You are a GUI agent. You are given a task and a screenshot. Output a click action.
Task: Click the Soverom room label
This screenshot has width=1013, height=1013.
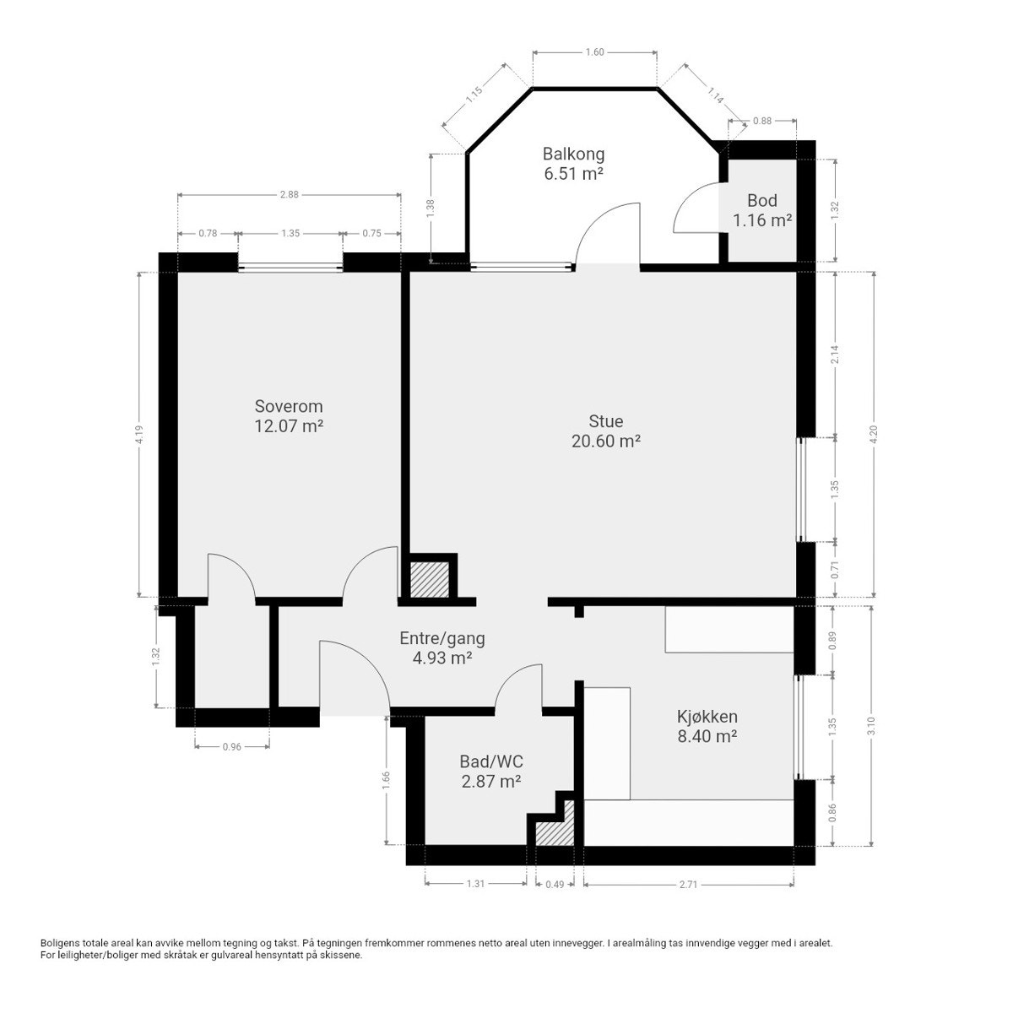click(x=288, y=406)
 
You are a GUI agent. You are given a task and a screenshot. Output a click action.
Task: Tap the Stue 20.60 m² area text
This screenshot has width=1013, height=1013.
click(x=605, y=431)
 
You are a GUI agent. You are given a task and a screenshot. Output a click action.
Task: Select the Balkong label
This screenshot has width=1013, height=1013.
click(x=573, y=154)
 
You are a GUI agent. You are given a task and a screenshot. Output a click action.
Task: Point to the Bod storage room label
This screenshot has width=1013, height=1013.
click(x=761, y=200)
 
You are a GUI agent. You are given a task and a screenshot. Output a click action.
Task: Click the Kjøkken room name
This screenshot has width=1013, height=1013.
click(x=707, y=717)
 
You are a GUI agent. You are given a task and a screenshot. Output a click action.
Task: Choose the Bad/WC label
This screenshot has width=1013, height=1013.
click(x=491, y=761)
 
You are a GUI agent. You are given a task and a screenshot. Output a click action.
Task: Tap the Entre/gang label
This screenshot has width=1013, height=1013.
click(x=441, y=638)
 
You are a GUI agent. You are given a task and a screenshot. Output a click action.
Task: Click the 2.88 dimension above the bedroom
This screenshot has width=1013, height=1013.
click(x=290, y=194)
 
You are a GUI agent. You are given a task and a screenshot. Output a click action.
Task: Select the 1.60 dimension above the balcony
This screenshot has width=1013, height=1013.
click(x=594, y=52)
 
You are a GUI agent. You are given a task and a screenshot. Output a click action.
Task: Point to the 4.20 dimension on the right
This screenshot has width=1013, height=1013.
click(x=874, y=434)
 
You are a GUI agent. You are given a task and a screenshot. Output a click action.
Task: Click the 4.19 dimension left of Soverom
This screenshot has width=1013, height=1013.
click(x=139, y=434)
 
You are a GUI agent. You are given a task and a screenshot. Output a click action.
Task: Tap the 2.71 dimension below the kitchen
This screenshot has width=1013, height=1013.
click(x=688, y=884)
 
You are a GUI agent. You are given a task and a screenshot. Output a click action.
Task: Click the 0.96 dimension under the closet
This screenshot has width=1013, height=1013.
click(x=232, y=746)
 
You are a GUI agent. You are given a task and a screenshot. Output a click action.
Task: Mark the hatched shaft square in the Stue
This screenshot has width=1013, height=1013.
click(x=430, y=579)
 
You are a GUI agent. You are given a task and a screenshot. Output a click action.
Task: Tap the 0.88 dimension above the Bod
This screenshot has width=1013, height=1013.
click(x=761, y=121)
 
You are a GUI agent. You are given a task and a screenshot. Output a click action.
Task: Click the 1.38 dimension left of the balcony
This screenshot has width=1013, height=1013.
click(x=431, y=209)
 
